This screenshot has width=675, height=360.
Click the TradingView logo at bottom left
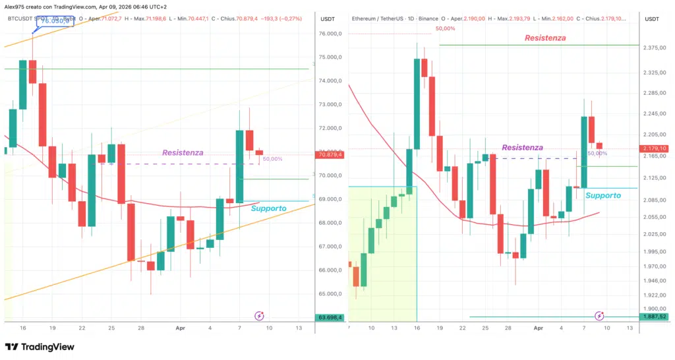[40, 347]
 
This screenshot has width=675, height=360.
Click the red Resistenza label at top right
[544, 38]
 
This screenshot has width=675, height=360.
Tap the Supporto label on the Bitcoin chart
[268, 208]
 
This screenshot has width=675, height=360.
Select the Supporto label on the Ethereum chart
[602, 195]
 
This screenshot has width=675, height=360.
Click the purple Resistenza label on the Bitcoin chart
[183, 152]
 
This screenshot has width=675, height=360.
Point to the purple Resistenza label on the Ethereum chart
[522, 148]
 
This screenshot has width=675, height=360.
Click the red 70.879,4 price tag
[330, 154]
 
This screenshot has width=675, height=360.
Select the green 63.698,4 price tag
[330, 317]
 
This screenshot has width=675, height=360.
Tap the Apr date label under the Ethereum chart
[539, 328]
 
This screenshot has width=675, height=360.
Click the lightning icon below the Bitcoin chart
[259, 316]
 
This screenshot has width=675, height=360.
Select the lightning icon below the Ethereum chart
[599, 316]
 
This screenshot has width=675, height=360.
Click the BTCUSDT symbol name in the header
[22, 19]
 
